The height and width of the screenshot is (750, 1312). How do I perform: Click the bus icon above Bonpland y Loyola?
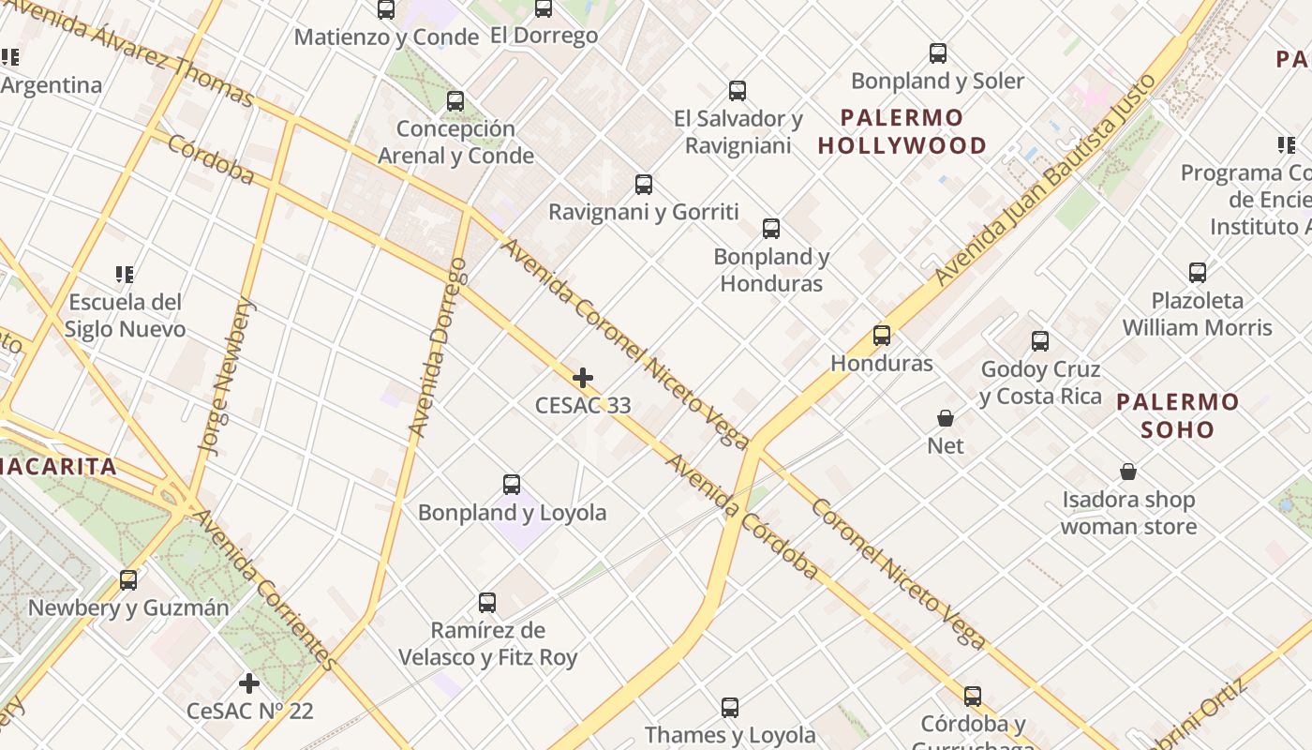tap(512, 485)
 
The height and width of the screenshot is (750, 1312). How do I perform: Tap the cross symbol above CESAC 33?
tap(583, 378)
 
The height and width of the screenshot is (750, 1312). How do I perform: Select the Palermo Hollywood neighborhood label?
tap(902, 131)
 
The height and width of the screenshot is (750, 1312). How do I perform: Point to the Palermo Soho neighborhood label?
tap(1178, 416)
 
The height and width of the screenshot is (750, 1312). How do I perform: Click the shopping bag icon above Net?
tap(946, 418)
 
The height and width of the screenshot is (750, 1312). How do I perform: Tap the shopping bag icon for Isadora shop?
tap(1128, 472)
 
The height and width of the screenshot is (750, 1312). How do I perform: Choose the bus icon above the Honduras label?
tap(882, 336)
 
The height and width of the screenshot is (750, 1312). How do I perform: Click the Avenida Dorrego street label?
tap(438, 348)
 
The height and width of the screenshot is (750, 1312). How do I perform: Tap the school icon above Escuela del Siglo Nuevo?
tap(125, 275)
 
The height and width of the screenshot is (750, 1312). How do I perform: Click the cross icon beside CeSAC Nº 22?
tap(249, 682)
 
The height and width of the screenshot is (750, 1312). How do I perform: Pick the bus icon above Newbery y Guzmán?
tap(128, 580)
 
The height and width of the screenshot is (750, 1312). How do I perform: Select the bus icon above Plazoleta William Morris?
tap(1198, 273)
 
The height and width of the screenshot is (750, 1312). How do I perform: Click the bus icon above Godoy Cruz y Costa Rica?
tap(1040, 341)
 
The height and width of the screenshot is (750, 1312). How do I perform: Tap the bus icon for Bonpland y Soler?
tap(938, 53)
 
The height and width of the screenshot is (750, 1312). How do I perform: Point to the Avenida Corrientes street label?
tap(265, 590)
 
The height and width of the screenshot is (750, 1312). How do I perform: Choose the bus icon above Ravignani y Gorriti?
tap(644, 185)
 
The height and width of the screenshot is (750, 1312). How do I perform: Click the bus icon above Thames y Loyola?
tap(730, 708)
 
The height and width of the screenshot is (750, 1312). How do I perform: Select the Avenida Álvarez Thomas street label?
tap(130, 52)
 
